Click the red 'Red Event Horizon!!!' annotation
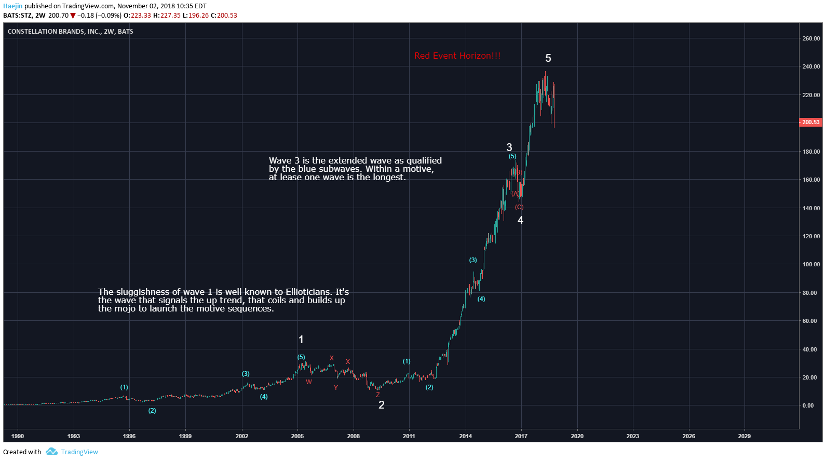coord(457,56)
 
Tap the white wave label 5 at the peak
coord(548,59)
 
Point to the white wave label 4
coord(520,221)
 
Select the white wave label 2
coord(381,405)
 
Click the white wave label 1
coord(301,340)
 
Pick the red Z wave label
coord(377,395)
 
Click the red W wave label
coord(309,382)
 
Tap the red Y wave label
coord(336,388)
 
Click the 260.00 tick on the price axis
coord(810,38)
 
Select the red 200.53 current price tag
coord(810,123)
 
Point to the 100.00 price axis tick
coord(810,265)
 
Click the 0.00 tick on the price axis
coord(808,406)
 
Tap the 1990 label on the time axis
coord(18,436)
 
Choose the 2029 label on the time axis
coord(744,436)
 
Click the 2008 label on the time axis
coord(353,436)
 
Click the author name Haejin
coord(13,6)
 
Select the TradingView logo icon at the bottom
coord(51,452)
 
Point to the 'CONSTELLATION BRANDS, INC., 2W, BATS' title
coord(71,32)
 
